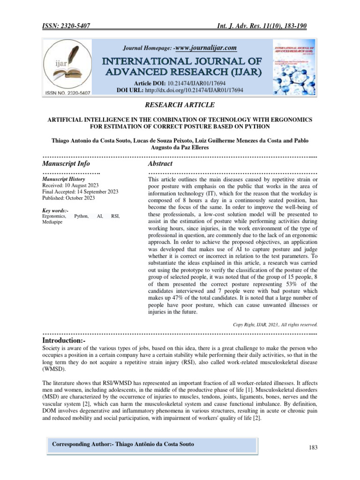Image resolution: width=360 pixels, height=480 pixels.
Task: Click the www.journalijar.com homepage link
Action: [205, 48]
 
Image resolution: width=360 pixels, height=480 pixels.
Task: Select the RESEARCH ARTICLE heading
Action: [180, 105]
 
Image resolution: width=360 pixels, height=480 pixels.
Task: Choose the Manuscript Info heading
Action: [66, 164]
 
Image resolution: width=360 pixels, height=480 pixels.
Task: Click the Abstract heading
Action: [160, 164]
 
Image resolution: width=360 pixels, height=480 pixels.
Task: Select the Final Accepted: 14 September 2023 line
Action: [80, 192]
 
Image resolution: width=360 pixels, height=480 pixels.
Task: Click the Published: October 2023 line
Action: [68, 198]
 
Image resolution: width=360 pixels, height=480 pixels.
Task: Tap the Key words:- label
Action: [55, 210]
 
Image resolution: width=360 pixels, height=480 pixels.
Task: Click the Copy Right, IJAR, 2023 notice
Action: [275, 324]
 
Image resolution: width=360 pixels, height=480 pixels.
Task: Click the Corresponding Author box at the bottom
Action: [123, 444]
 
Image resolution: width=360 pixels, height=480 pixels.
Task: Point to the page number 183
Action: [313, 448]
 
